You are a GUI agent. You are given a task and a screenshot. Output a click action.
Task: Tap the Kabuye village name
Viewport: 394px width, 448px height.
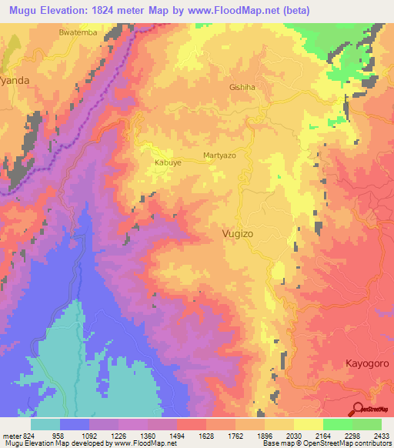[168, 162]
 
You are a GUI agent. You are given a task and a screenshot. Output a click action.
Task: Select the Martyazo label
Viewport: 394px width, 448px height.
[219, 155]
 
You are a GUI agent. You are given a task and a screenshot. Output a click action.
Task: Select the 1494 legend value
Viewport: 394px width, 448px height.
[176, 436]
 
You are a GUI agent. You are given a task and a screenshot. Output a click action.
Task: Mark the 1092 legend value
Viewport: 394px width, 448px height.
[89, 436]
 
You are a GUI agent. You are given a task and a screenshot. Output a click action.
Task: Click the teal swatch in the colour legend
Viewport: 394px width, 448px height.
[45, 424]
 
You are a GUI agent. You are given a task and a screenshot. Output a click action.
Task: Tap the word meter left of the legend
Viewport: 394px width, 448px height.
[10, 436]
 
